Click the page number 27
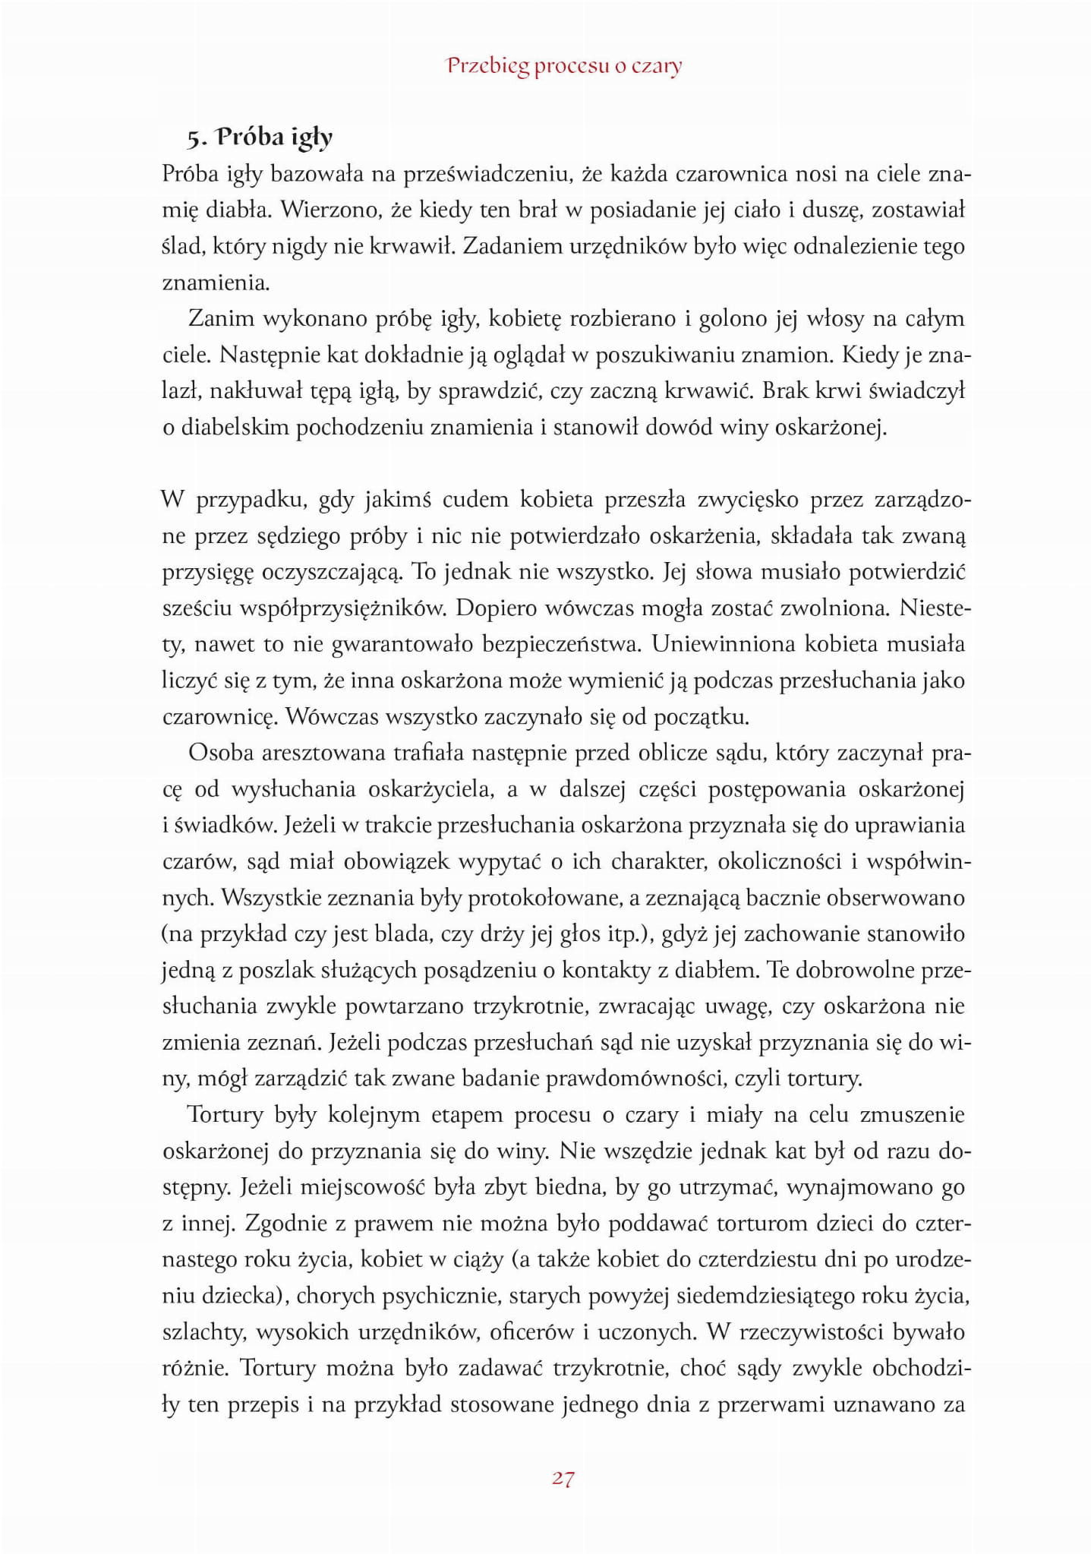[563, 1478]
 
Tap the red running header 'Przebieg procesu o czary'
[564, 66]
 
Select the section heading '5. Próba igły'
[260, 137]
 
